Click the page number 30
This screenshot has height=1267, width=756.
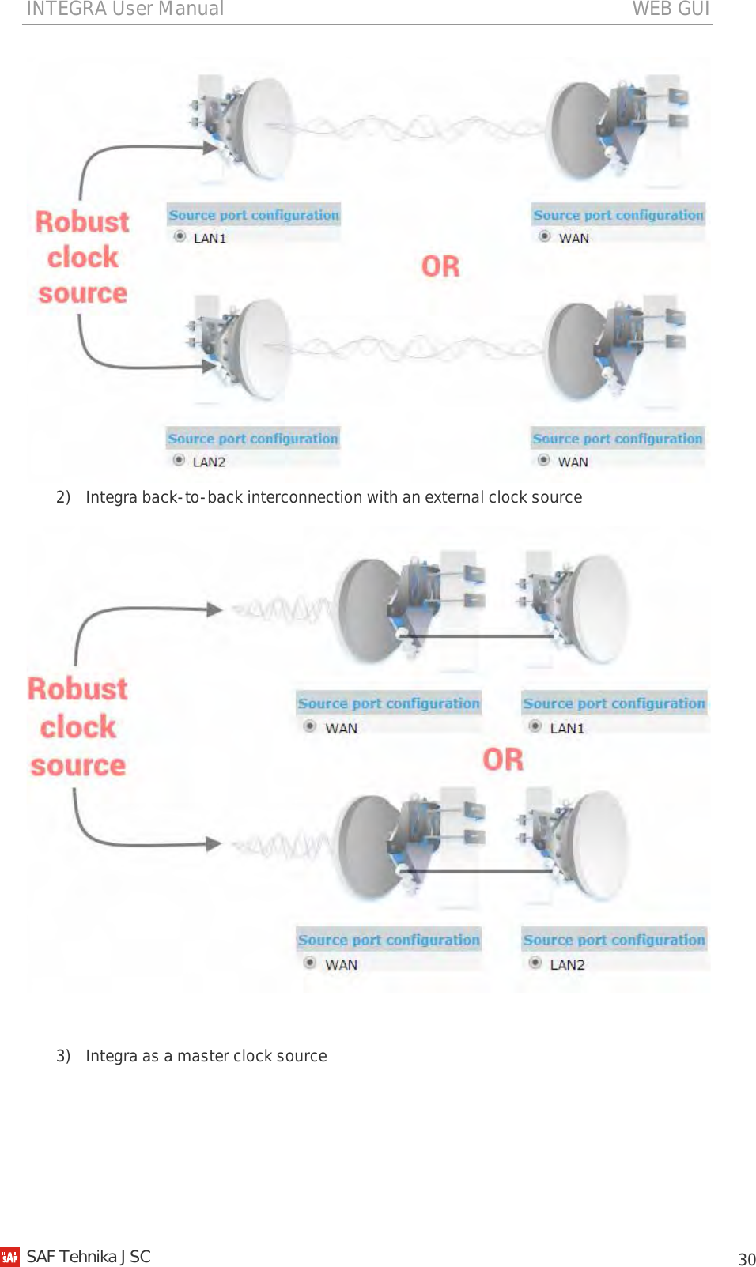point(747,1259)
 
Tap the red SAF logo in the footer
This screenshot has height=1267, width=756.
point(10,1257)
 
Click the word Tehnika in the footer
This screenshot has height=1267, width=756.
point(88,1257)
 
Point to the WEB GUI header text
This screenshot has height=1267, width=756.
point(671,9)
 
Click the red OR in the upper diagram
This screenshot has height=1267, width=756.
point(440,266)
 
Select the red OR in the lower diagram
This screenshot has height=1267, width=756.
point(503,760)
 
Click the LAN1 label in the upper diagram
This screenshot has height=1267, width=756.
point(210,238)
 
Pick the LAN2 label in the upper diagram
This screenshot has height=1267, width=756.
point(209,462)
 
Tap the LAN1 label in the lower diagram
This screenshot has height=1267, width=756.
point(567,728)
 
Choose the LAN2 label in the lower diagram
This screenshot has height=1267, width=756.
point(567,964)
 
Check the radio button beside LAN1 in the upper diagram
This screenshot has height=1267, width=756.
point(180,236)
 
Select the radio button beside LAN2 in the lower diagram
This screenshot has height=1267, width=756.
point(535,963)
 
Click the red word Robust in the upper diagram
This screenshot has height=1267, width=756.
point(82,222)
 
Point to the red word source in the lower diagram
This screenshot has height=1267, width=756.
point(78,765)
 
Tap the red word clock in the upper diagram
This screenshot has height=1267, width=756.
point(82,258)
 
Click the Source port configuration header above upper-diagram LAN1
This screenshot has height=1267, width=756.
point(253,215)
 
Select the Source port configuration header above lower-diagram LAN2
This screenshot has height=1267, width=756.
point(614,940)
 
